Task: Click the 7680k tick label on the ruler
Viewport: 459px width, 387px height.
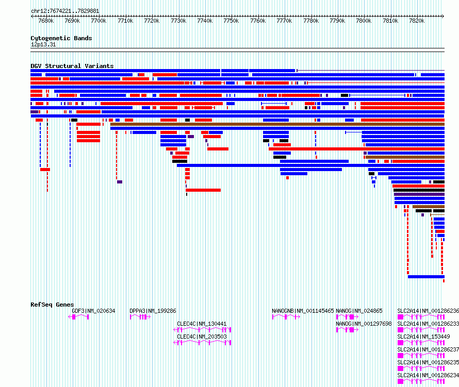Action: (x=46, y=21)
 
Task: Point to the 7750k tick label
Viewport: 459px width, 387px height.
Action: (x=231, y=21)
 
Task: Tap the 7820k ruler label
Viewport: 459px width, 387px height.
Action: (x=417, y=21)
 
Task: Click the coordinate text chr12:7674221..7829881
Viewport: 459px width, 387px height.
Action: (x=65, y=11)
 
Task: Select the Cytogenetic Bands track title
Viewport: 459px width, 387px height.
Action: (x=61, y=38)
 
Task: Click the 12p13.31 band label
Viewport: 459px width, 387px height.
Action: (x=43, y=44)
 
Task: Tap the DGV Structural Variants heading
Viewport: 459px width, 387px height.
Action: (x=72, y=66)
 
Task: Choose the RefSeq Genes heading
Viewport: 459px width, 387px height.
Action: (x=52, y=305)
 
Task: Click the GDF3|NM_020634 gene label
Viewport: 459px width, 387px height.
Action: (x=93, y=311)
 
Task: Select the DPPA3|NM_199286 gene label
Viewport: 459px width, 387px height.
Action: (x=153, y=311)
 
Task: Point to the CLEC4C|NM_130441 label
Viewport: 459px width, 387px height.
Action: (x=202, y=324)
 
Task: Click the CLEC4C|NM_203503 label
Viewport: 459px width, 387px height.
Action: (x=202, y=336)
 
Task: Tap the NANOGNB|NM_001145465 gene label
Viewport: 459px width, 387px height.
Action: (x=303, y=311)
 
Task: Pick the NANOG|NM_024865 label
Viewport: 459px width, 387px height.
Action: (x=359, y=311)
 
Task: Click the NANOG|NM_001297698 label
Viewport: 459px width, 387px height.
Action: (x=364, y=324)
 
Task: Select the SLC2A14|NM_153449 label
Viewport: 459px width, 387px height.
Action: (x=423, y=336)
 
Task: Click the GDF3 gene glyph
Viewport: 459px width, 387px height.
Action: (x=78, y=317)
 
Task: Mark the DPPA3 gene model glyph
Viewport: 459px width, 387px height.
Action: (x=140, y=317)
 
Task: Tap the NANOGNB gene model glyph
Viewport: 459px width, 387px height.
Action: (x=286, y=317)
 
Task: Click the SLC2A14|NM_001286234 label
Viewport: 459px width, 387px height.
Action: (x=428, y=375)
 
